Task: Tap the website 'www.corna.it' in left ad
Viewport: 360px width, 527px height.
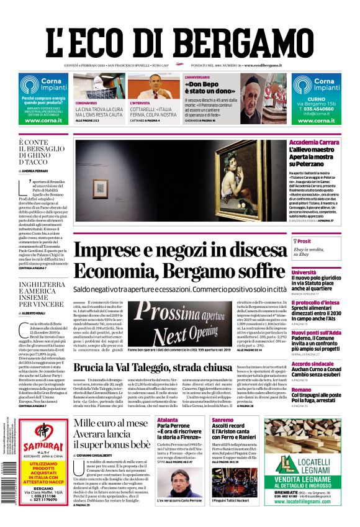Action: [43, 120]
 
